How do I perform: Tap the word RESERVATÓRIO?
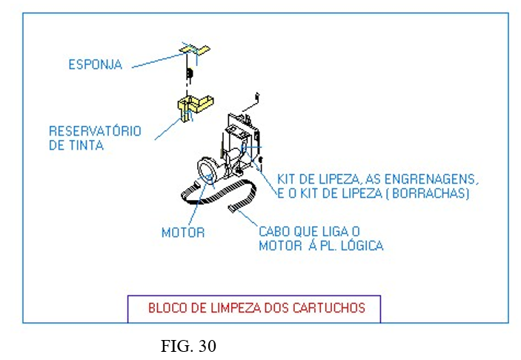[95, 131]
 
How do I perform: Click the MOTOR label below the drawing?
[183, 233]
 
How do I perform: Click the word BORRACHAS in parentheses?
[432, 193]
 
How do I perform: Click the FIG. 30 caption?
[189, 346]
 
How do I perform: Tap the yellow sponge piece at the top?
[194, 50]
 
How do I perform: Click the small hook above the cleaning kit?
[256, 96]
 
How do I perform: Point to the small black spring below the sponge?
[189, 73]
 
